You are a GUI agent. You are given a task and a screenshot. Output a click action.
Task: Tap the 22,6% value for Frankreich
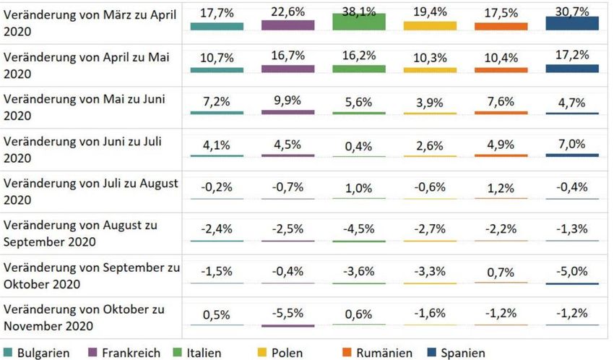tap(287, 12)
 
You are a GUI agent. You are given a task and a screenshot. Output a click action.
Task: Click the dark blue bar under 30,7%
tap(572, 23)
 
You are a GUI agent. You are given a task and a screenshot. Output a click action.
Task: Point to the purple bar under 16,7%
tap(287, 69)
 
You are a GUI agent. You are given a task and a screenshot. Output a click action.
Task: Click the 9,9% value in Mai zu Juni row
tap(287, 100)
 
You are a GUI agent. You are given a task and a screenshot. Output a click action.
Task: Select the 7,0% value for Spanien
tap(572, 144)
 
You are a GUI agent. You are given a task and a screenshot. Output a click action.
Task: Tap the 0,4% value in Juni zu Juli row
tap(359, 146)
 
